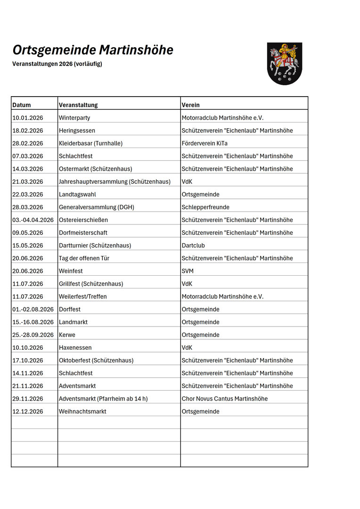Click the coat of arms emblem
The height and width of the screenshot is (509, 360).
(x=284, y=63)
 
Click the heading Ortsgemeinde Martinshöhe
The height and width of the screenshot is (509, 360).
(x=93, y=50)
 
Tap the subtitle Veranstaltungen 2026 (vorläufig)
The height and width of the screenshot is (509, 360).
(x=57, y=64)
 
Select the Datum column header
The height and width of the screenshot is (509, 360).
(x=22, y=105)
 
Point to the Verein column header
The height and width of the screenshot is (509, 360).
(x=190, y=105)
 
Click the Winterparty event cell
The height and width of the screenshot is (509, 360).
(x=74, y=118)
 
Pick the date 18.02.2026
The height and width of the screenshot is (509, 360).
(x=28, y=131)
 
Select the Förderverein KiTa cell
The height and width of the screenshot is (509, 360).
(x=205, y=143)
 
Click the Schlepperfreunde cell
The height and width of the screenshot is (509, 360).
(x=205, y=207)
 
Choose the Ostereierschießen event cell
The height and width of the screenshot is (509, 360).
(x=83, y=220)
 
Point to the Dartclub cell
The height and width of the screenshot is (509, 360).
(x=193, y=246)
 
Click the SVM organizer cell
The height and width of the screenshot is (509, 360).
(x=188, y=271)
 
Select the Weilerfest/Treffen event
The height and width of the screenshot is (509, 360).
(x=83, y=296)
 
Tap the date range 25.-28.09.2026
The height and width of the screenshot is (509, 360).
(x=33, y=335)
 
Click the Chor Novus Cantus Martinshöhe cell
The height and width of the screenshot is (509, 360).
(x=225, y=399)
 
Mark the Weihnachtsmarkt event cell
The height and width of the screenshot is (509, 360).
(x=82, y=411)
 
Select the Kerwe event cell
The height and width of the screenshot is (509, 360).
(x=67, y=335)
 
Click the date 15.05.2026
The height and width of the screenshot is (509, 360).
(x=28, y=246)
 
